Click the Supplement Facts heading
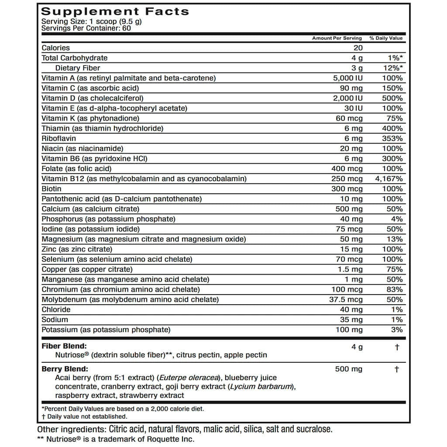pyautogui.click(x=115, y=11)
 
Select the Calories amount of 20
pyautogui.click(x=358, y=48)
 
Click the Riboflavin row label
pyautogui.click(x=59, y=138)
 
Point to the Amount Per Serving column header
pyautogui.click(x=337, y=38)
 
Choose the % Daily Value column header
pyautogui.click(x=386, y=38)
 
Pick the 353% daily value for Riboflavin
pyautogui.click(x=392, y=138)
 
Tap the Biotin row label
pyautogui.click(x=52, y=189)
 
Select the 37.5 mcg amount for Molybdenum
pyautogui.click(x=346, y=299)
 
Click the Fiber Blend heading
pyautogui.click(x=64, y=346)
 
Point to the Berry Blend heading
pyautogui.click(x=65, y=369)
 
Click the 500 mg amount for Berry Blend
pyautogui.click(x=348, y=369)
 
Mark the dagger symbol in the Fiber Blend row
pyautogui.click(x=396, y=347)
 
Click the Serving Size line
pyautogui.click(x=91, y=21)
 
